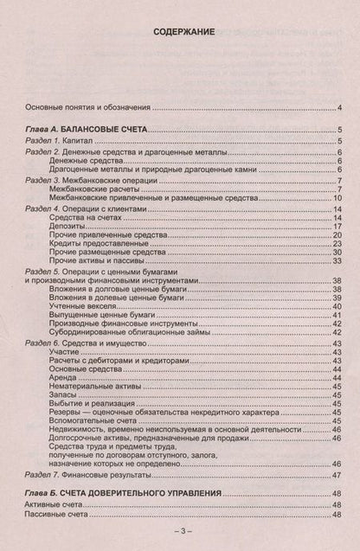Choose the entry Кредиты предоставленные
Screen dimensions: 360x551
point(95,244)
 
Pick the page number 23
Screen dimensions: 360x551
point(337,244)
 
